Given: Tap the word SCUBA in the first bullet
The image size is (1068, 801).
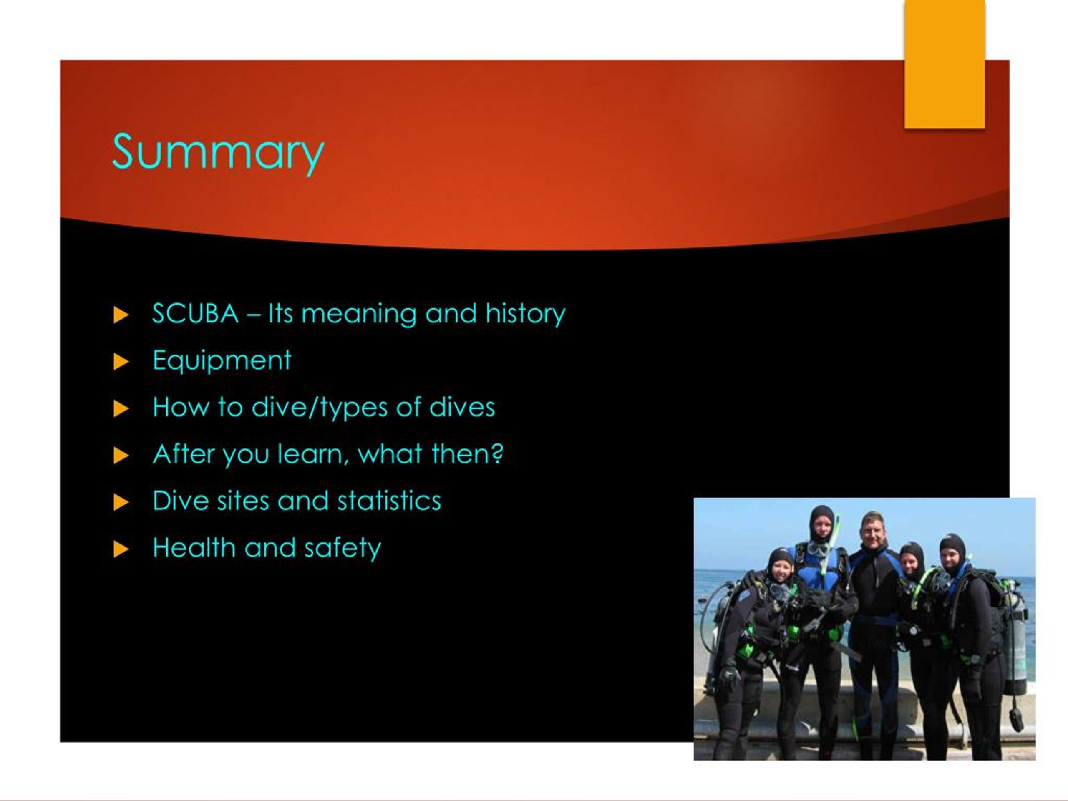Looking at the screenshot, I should coord(195,314).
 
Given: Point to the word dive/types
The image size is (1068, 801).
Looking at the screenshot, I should coord(319,407).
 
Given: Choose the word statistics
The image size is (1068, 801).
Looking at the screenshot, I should coord(389,501).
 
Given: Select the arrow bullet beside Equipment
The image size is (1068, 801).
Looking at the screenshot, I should coord(121,361).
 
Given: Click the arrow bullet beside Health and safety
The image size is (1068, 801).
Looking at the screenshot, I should coord(121,549).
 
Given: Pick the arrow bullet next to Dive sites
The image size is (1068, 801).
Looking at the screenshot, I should coord(121,502).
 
